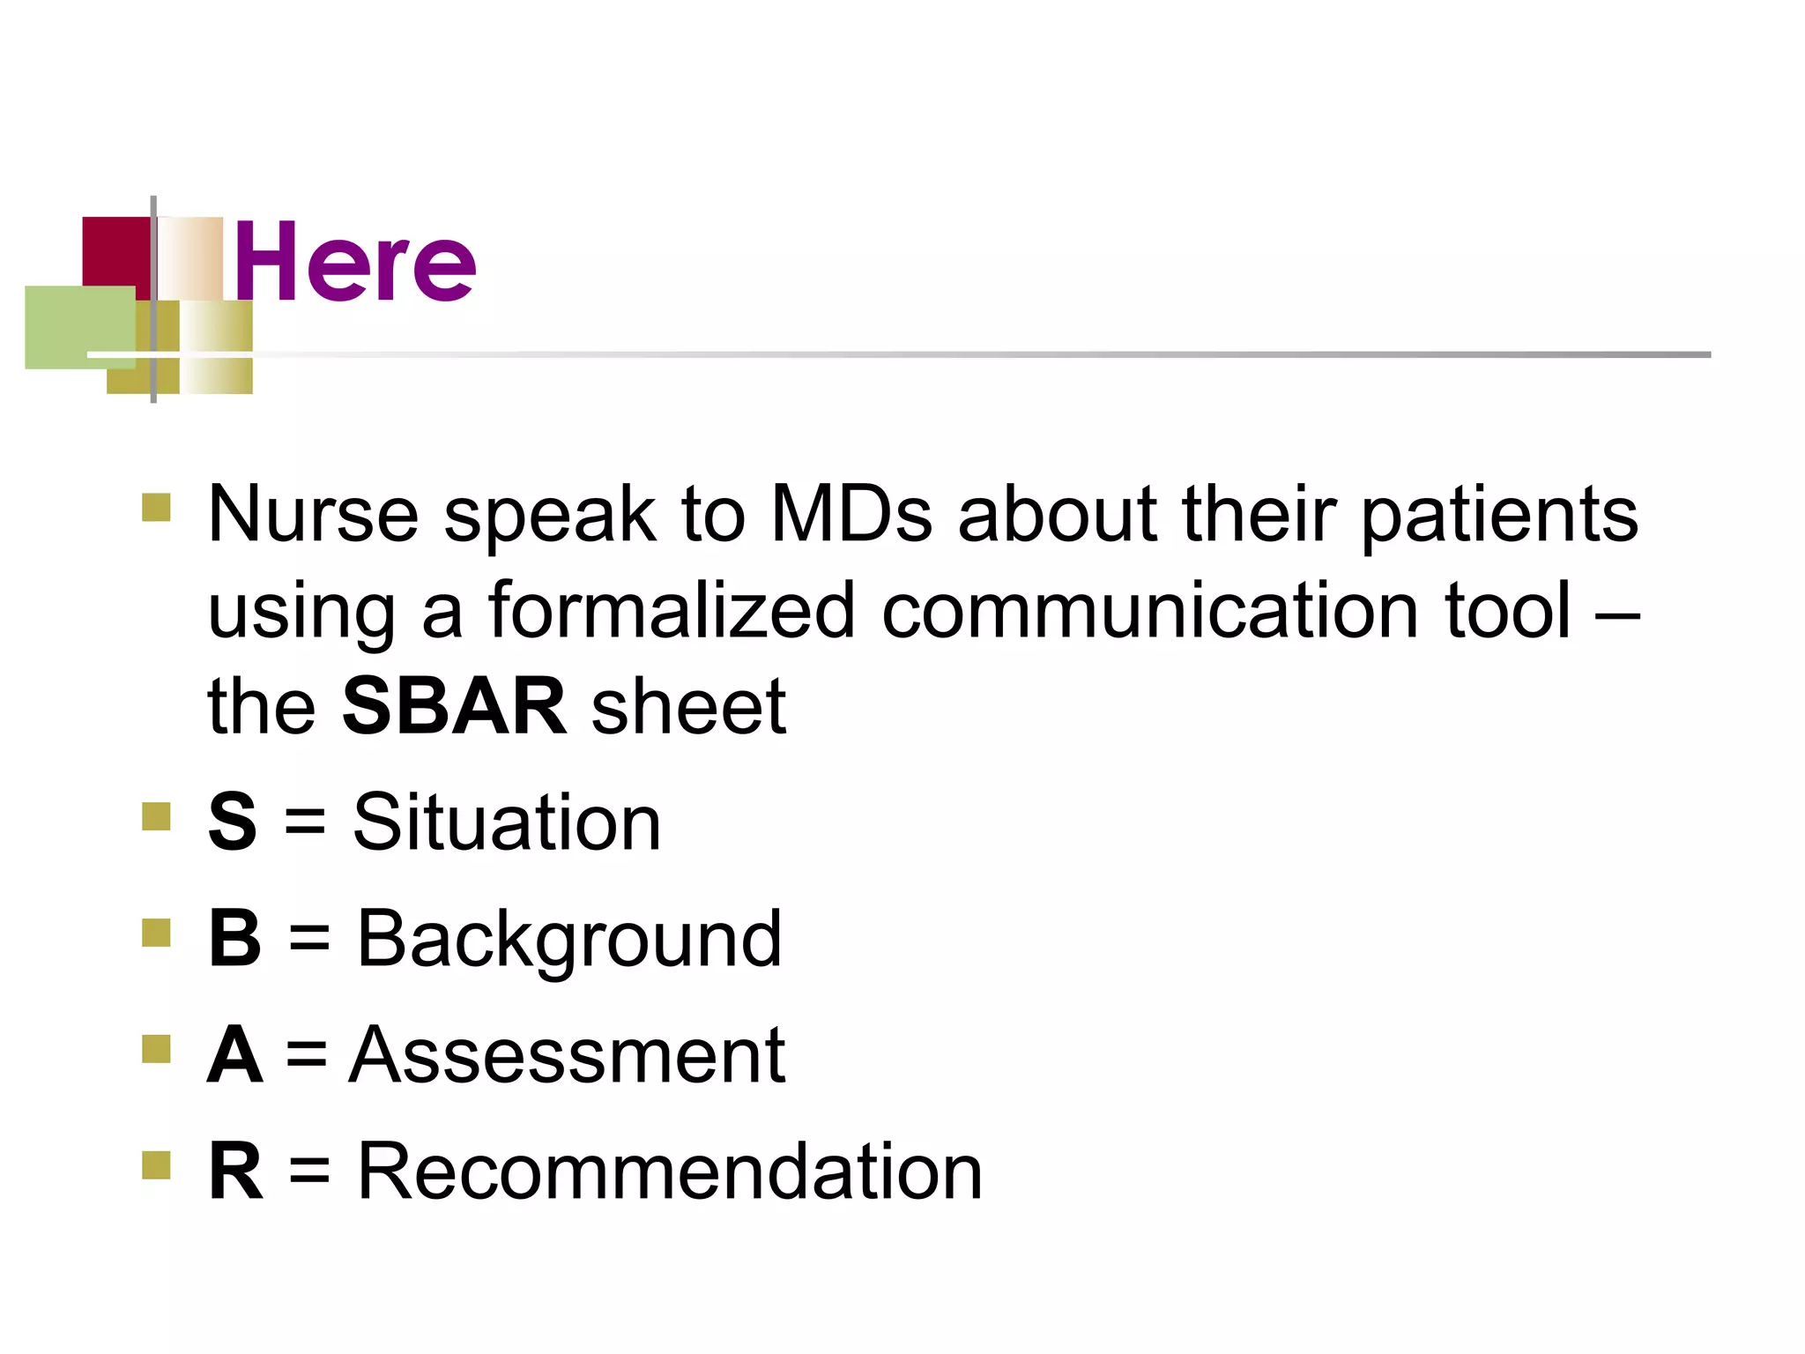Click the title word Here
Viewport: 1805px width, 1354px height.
pyautogui.click(x=355, y=262)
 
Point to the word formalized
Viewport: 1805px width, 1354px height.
pyautogui.click(x=672, y=610)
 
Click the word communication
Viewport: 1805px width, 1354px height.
pyautogui.click(x=1149, y=610)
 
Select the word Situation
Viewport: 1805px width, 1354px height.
pyautogui.click(x=507, y=822)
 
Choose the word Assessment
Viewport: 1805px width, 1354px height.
pyautogui.click(x=567, y=1055)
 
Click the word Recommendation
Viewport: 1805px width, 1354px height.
pyautogui.click(x=670, y=1172)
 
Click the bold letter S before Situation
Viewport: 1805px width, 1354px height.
pyautogui.click(x=233, y=822)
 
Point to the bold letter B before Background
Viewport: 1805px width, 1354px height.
pyautogui.click(x=234, y=938)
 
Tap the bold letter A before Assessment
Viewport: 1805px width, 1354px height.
pyautogui.click(x=234, y=1055)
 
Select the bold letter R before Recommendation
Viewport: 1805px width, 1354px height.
pyautogui.click(x=235, y=1172)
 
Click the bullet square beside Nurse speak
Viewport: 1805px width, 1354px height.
pyautogui.click(x=156, y=508)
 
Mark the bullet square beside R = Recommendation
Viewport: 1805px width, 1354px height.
pyautogui.click(x=156, y=1164)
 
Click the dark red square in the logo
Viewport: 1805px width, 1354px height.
pyautogui.click(x=115, y=250)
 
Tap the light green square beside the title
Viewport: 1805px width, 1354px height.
pyautogui.click(x=79, y=327)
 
